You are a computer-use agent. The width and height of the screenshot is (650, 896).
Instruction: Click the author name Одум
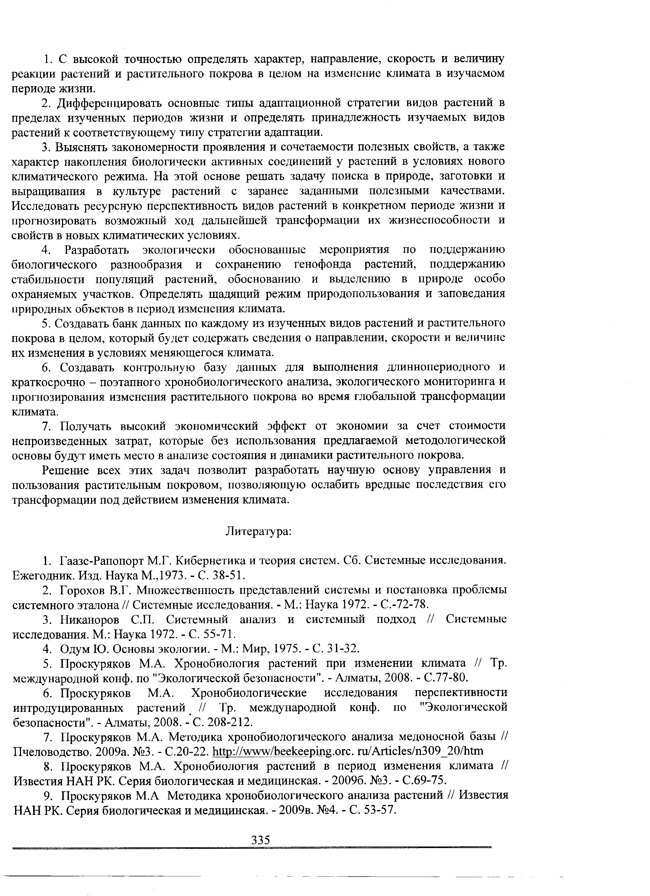tap(74, 649)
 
